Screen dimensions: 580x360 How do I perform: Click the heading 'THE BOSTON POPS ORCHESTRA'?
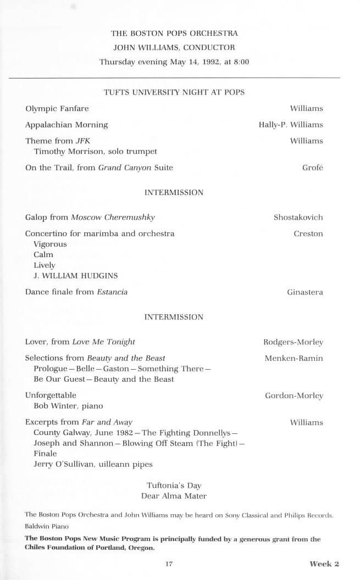point(174,34)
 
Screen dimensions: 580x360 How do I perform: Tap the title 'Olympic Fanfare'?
point(57,108)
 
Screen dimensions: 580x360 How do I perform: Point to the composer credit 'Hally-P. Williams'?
point(291,125)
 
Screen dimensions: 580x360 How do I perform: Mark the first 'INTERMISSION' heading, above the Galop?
point(174,193)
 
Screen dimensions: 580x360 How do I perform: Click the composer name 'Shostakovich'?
point(298,217)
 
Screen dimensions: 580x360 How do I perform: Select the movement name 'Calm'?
point(43,254)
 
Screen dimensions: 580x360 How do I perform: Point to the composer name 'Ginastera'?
point(305,292)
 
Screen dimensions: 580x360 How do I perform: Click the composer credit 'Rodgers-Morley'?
point(293,342)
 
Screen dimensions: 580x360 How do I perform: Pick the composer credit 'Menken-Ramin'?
point(293,358)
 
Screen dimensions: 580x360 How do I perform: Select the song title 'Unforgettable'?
point(51,395)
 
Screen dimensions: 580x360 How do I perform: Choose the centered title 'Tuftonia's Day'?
point(174,486)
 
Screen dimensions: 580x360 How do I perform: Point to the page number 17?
point(169,564)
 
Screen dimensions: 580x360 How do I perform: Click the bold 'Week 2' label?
point(324,564)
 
